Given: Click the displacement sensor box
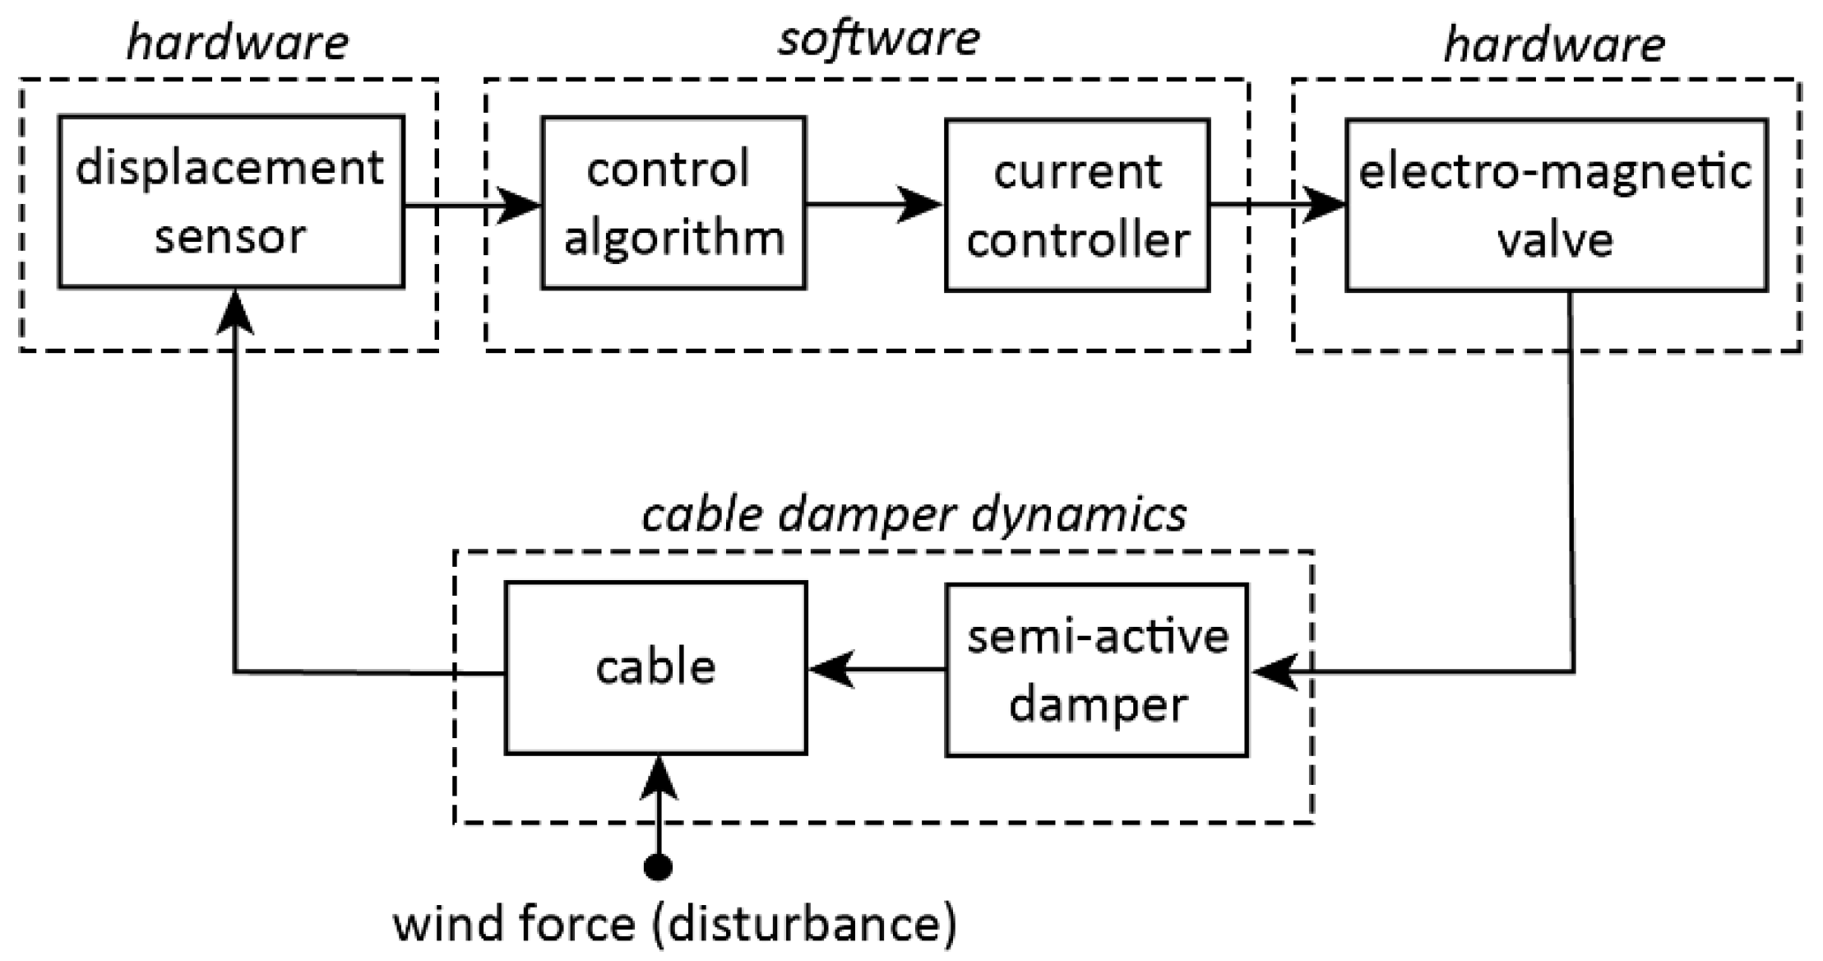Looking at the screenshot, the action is [x=231, y=202].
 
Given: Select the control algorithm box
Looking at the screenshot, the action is [x=673, y=203].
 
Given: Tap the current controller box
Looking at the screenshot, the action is [x=1077, y=205].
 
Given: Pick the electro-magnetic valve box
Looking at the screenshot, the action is [x=1557, y=205].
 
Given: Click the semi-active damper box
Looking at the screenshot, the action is [x=1097, y=670].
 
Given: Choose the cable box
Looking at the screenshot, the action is [x=655, y=668].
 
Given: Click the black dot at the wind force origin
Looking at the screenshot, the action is [x=658, y=866].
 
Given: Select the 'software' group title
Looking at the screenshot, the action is [x=879, y=39].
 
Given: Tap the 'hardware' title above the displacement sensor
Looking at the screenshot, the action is [x=238, y=43].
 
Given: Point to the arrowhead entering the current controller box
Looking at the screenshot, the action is [x=920, y=204].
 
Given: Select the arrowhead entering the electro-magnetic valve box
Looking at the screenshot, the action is [x=1321, y=205].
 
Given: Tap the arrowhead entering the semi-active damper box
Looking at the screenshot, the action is [x=1274, y=673].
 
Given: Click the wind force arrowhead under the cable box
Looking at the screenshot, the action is [x=658, y=778].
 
